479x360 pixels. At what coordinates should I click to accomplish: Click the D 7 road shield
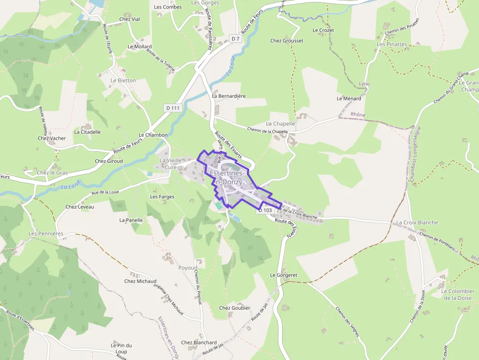[236, 38]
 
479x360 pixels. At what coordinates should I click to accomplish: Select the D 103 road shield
[264, 210]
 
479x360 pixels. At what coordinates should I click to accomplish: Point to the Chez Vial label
[130, 20]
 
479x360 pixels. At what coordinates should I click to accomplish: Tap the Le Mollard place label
[140, 47]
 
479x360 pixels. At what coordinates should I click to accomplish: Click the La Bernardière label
[229, 96]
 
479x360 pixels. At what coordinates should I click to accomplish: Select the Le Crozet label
[323, 30]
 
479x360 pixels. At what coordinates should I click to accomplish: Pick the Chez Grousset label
[287, 41]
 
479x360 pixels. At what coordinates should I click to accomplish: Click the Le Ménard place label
[349, 99]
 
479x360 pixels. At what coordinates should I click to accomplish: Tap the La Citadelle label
[87, 132]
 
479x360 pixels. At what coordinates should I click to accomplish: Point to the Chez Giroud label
[109, 161]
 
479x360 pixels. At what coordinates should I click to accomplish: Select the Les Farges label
[162, 197]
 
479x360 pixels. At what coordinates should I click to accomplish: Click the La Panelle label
[131, 220]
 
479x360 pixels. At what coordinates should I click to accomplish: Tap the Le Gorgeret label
[284, 275]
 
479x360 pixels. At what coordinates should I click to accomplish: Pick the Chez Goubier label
[235, 308]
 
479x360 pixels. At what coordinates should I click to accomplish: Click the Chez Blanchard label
[199, 343]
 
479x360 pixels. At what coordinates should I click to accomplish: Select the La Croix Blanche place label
[417, 223]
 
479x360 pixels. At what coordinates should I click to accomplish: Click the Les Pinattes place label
[392, 44]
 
